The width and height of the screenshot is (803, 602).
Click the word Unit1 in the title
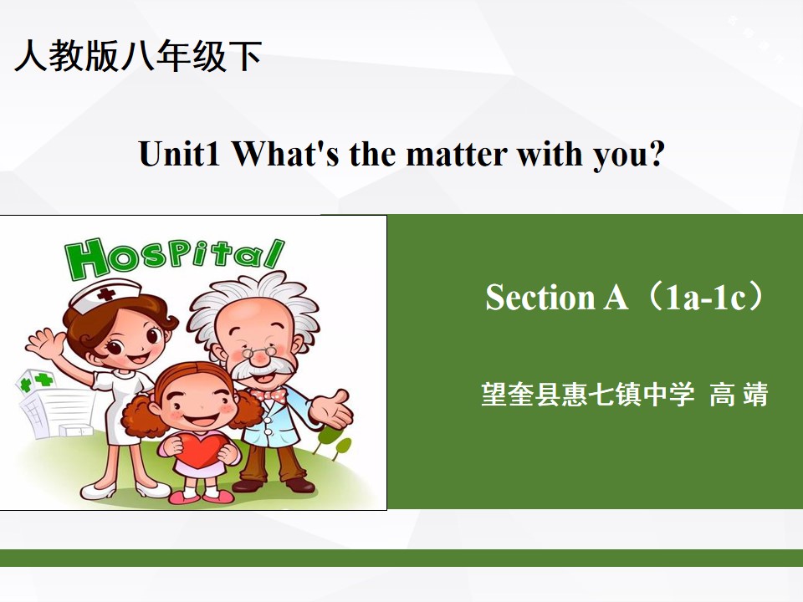[x=179, y=153]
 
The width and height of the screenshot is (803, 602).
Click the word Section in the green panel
[x=540, y=296]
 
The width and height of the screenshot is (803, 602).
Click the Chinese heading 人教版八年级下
[x=138, y=55]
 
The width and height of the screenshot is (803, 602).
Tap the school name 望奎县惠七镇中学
[x=588, y=394]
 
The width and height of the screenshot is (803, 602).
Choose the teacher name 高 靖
[x=739, y=394]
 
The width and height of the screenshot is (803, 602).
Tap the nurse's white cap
[x=105, y=296]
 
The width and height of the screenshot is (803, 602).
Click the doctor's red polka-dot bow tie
[x=269, y=395]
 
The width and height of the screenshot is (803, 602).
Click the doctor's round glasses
[x=258, y=351]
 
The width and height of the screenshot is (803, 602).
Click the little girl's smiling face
[x=197, y=404]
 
